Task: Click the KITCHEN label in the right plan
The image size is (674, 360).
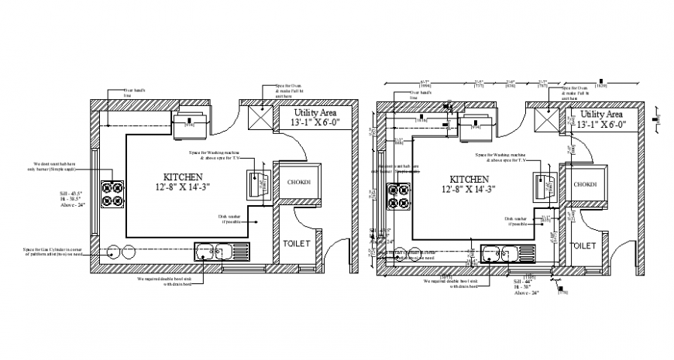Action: tap(468, 177)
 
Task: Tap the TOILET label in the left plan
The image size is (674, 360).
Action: tap(296, 243)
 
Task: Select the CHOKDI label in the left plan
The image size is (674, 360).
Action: tap(299, 183)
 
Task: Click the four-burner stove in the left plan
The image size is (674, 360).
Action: tap(113, 194)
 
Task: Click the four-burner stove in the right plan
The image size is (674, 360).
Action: tap(398, 194)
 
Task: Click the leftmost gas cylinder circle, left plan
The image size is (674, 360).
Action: tap(113, 251)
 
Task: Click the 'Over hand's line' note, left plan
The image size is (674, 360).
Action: tap(135, 94)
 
